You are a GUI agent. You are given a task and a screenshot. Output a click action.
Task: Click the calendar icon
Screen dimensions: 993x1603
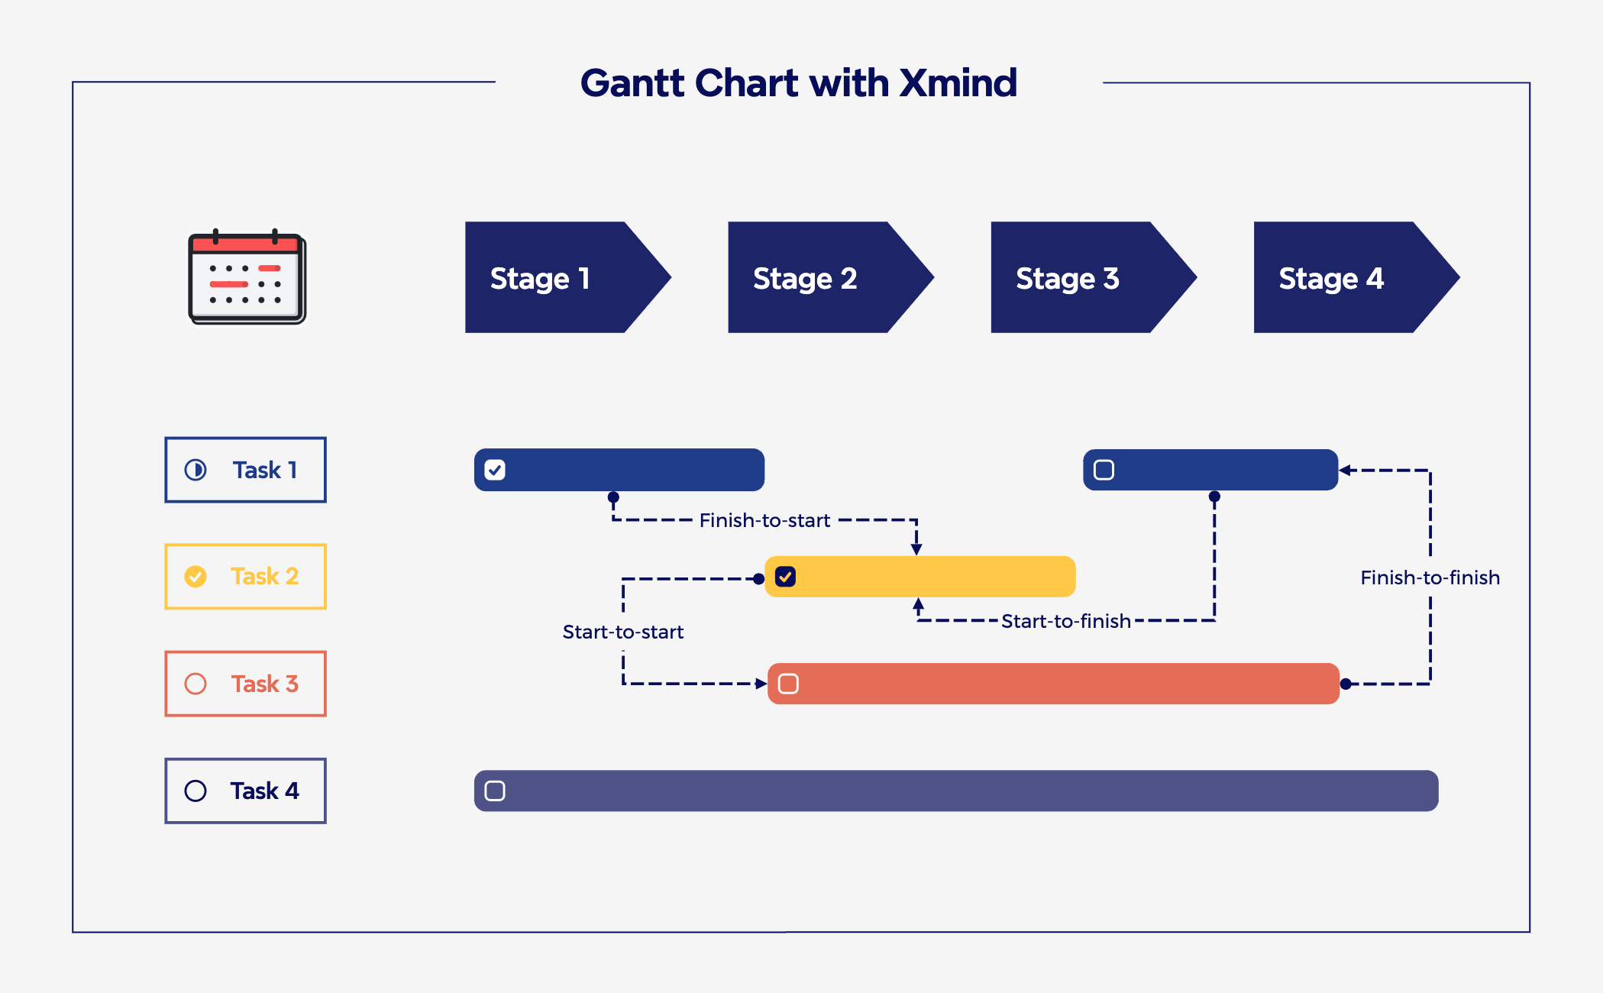(247, 278)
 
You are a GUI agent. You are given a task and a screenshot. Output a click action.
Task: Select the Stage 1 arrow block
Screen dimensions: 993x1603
(557, 278)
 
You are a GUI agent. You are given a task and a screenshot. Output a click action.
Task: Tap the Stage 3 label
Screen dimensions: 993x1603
(1067, 279)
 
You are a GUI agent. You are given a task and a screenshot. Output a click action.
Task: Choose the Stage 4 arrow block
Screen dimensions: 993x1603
(1344, 278)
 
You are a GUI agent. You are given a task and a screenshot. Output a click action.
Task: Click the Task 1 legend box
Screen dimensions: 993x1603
(245, 470)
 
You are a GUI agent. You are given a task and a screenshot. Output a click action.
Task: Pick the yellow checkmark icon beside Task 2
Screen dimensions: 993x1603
(196, 576)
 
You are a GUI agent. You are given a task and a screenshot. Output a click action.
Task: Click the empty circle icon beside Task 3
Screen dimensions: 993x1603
(196, 684)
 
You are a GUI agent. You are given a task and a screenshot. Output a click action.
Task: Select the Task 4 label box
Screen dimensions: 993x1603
(245, 791)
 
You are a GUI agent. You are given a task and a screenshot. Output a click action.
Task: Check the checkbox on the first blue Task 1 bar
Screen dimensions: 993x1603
(495, 470)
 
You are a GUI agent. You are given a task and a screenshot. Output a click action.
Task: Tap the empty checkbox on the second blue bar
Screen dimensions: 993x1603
(1104, 470)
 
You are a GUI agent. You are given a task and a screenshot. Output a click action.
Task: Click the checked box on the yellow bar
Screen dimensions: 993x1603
(785, 577)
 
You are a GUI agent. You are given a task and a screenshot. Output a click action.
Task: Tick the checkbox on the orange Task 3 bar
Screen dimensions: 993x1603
(788, 684)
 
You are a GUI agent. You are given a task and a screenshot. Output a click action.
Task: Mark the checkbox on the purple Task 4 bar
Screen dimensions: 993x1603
(495, 791)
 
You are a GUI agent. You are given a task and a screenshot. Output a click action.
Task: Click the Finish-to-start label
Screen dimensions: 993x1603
(764, 520)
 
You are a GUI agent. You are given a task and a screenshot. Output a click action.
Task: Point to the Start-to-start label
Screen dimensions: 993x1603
(622, 632)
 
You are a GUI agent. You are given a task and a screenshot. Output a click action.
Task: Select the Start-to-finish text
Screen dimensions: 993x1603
(1065, 621)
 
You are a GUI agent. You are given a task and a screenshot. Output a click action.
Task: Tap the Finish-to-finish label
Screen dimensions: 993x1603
(1430, 577)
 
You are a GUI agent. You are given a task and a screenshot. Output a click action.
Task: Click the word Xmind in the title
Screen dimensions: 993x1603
(958, 82)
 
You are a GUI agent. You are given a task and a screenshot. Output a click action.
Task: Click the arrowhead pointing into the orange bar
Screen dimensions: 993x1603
(761, 684)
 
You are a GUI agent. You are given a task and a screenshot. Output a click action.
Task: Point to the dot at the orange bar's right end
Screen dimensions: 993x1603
(1346, 684)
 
